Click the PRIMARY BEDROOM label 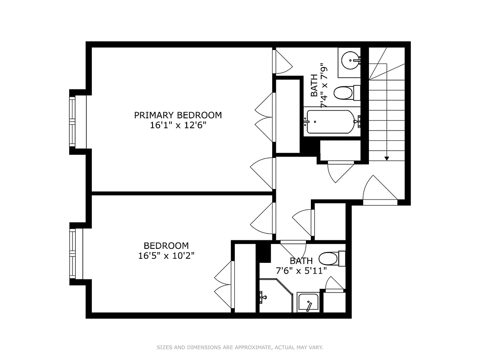click(x=178, y=115)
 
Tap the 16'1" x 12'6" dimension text click(x=178, y=126)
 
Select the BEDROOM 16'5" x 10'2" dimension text click(x=166, y=256)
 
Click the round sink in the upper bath click(x=350, y=59)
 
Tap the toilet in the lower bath click(x=330, y=259)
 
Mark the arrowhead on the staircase click(x=386, y=158)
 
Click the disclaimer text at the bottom click(x=240, y=347)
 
